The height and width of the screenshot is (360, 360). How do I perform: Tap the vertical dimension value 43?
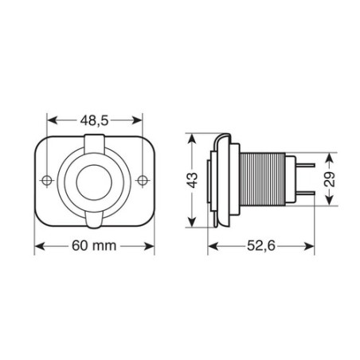191,179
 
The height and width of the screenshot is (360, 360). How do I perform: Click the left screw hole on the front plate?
48,180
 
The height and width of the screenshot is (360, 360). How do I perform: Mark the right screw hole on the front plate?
143,180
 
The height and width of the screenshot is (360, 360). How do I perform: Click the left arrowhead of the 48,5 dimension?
53,120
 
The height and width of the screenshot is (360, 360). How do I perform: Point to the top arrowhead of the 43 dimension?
191,137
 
